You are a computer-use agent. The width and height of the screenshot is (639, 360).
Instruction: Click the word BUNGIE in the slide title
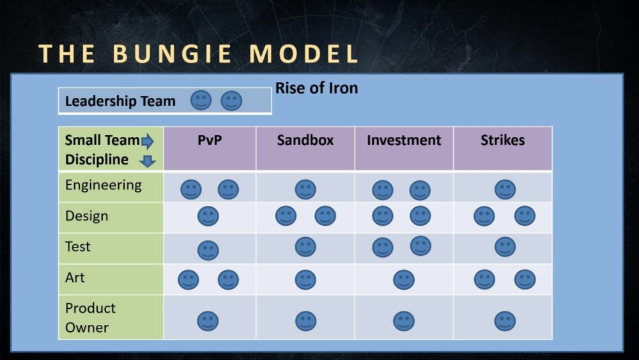pyautogui.click(x=171, y=54)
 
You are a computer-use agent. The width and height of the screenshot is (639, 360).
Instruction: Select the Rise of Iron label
pyautogui.click(x=317, y=88)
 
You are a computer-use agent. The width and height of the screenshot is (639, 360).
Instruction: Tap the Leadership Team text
pyautogui.click(x=120, y=101)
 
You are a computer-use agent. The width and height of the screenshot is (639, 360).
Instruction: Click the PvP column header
pyautogui.click(x=210, y=140)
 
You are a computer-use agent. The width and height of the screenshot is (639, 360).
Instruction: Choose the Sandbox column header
pyautogui.click(x=305, y=140)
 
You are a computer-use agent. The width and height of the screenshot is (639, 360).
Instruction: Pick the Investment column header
pyautogui.click(x=404, y=140)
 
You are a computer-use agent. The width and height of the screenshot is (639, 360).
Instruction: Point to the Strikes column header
pyautogui.click(x=502, y=140)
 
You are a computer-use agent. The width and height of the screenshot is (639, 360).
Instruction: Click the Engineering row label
pyautogui.click(x=104, y=185)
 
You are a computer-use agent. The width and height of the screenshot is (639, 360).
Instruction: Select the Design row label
pyautogui.click(x=87, y=215)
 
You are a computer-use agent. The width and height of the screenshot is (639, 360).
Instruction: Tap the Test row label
pyautogui.click(x=78, y=247)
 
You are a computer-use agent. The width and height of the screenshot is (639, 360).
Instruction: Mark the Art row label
pyautogui.click(x=75, y=278)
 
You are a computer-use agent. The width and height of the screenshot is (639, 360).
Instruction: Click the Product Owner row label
pyautogui.click(x=91, y=318)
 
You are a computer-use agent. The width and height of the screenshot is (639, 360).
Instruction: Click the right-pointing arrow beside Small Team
pyautogui.click(x=148, y=141)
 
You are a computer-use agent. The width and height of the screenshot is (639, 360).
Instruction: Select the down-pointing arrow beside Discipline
pyautogui.click(x=148, y=161)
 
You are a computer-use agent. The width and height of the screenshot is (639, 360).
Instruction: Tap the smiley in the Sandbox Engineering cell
pyautogui.click(x=305, y=189)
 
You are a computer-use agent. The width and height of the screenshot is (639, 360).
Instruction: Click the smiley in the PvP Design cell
pyautogui.click(x=208, y=216)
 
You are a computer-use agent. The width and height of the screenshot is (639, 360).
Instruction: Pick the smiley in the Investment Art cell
pyautogui.click(x=404, y=279)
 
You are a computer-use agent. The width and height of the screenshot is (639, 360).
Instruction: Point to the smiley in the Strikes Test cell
pyautogui.click(x=505, y=247)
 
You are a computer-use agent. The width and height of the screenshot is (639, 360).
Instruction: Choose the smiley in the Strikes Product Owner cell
pyautogui.click(x=505, y=321)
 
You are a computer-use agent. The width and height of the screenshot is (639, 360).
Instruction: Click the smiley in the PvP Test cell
pyautogui.click(x=208, y=250)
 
